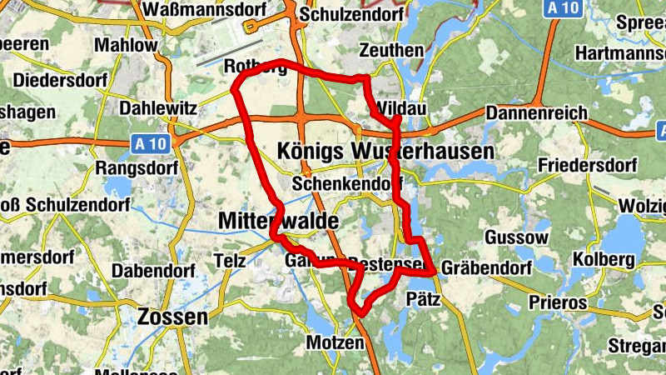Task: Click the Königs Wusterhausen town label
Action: pos(385,151)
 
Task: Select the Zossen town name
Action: pos(174,317)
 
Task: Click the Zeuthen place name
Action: pos(390,51)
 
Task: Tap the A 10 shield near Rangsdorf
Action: pos(152,143)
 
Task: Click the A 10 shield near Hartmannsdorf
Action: pos(564,7)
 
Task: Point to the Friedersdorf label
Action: pos(587,165)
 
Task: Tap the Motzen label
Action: pos(335,342)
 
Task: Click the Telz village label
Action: pos(230,260)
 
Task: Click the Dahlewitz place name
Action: pos(158,108)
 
